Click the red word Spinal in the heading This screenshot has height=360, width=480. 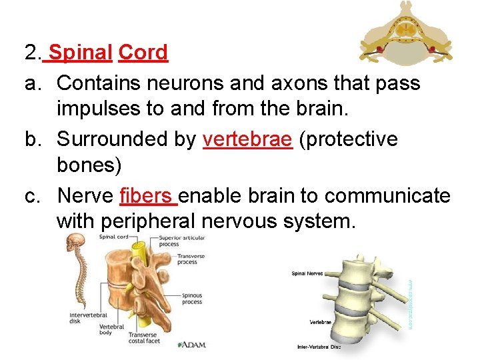tap(81, 52)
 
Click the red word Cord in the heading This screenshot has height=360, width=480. tap(143, 52)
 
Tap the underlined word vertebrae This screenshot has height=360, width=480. tap(247, 139)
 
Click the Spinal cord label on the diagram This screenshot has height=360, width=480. tap(113, 237)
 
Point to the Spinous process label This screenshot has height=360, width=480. tap(192, 298)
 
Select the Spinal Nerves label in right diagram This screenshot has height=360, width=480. tap(307, 273)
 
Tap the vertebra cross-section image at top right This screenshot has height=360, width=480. tap(407, 33)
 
